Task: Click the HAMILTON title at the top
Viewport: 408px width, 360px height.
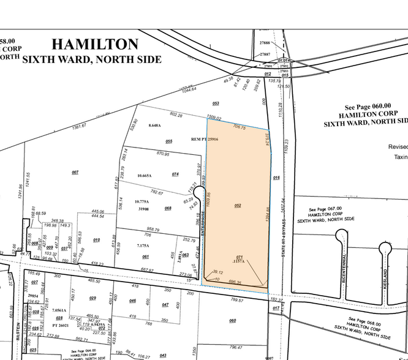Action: pos(95,44)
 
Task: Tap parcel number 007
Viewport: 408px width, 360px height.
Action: pos(75,173)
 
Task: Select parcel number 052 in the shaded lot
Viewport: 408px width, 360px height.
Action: pos(238,206)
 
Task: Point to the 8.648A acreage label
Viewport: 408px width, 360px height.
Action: pos(154,126)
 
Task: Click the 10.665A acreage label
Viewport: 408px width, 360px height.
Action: pos(145,176)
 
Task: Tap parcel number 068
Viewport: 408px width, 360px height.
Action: pos(168,208)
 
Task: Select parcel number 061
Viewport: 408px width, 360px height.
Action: pos(146,257)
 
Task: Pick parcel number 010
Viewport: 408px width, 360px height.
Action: pos(96,239)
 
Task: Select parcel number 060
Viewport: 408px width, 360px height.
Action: pos(232,320)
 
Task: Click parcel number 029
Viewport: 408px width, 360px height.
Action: pos(93,298)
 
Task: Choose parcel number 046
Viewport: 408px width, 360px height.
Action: pos(133,301)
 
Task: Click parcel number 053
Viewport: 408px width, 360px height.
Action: pos(216,103)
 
